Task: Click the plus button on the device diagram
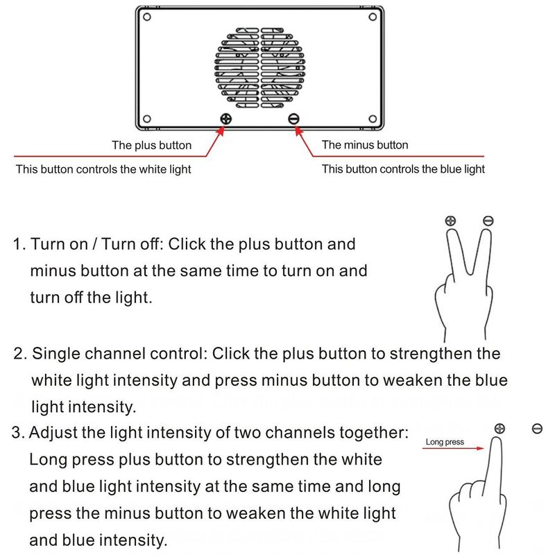click(225, 119)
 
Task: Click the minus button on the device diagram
click(293, 119)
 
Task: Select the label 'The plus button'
click(151, 146)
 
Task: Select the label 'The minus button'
click(365, 145)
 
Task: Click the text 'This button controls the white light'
click(103, 169)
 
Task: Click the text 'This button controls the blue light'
click(403, 169)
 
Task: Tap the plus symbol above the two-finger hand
click(451, 221)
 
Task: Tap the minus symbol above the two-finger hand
click(488, 221)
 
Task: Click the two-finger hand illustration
click(463, 277)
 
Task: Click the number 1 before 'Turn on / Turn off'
click(19, 244)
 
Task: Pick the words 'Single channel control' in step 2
click(115, 354)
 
